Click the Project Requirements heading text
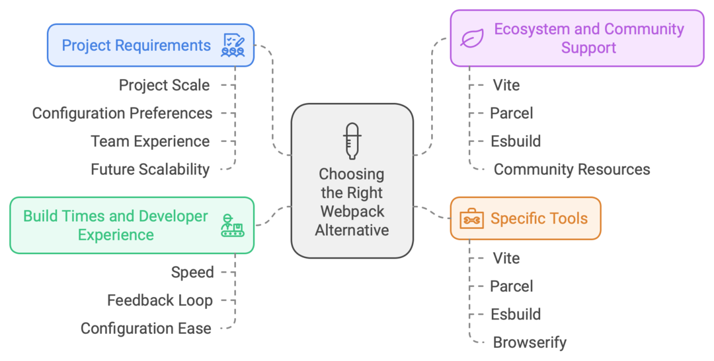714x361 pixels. (x=136, y=46)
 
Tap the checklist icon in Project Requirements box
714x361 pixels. (x=233, y=46)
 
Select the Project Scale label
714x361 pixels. (x=164, y=85)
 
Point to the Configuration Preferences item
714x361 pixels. (x=122, y=114)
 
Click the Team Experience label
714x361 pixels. (x=150, y=141)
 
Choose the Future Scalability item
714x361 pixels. (x=150, y=170)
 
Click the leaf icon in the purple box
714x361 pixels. (x=472, y=38)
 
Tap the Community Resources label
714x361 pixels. (x=572, y=170)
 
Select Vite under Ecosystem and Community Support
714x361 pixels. (x=506, y=85)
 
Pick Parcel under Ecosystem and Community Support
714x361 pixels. (x=511, y=114)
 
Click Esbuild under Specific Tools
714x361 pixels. (x=516, y=314)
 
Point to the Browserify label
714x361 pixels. (x=530, y=343)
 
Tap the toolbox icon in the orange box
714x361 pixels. (x=471, y=218)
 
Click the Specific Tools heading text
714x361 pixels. (x=539, y=218)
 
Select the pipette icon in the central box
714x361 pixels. (x=352, y=140)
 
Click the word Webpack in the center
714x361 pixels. (x=352, y=211)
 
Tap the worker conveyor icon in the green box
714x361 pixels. (x=232, y=226)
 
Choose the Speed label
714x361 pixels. (x=192, y=272)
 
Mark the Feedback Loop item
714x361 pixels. (x=160, y=300)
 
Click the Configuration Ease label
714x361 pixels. (x=146, y=329)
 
